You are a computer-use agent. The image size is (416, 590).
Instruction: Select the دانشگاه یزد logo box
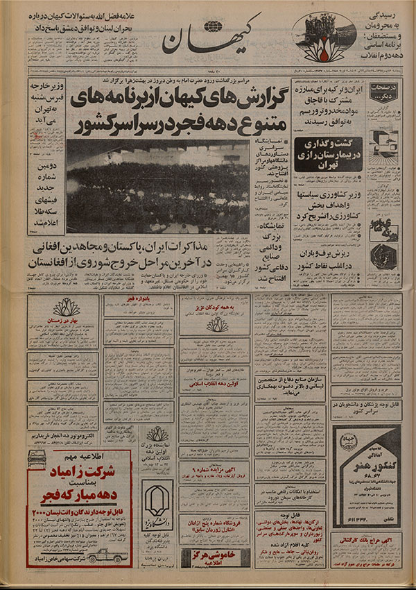(157, 499)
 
